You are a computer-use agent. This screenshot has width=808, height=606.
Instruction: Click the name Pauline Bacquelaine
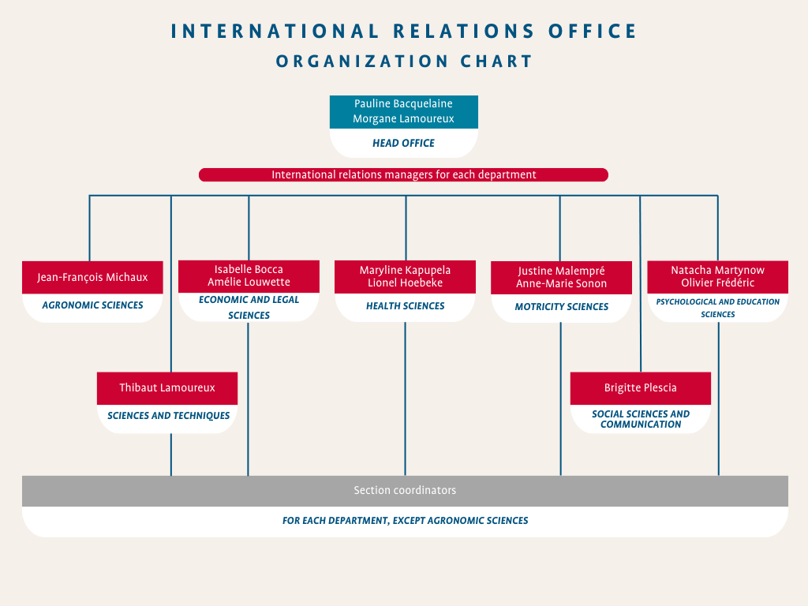(x=403, y=103)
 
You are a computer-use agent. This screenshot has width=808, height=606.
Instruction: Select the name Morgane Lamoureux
(x=403, y=118)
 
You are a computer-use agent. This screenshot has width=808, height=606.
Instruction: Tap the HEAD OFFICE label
(x=403, y=144)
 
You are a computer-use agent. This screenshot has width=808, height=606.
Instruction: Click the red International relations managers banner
(x=403, y=174)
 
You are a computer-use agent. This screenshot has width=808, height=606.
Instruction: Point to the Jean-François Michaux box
(x=93, y=277)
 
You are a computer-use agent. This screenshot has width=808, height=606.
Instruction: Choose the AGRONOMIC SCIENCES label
(x=93, y=305)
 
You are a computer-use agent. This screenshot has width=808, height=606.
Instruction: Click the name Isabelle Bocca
(x=249, y=269)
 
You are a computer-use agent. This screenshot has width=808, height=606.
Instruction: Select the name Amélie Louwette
(x=249, y=282)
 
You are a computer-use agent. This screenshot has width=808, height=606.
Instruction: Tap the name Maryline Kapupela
(x=405, y=270)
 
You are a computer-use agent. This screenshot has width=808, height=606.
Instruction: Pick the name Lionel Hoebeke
(x=405, y=282)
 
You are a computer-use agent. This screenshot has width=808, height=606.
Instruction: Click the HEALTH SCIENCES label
(x=405, y=306)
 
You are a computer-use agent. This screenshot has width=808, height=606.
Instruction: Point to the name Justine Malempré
(x=561, y=271)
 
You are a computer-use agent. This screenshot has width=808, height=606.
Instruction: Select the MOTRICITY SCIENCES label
(x=562, y=307)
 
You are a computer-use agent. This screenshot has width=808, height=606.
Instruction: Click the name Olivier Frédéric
(x=718, y=282)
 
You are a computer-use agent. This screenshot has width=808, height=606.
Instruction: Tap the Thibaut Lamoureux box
(x=167, y=388)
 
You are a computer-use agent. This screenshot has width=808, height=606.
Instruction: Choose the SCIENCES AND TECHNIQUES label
(x=169, y=415)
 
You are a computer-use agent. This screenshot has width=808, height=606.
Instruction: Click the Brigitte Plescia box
(x=641, y=388)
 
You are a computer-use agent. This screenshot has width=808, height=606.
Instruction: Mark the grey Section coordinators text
(x=405, y=490)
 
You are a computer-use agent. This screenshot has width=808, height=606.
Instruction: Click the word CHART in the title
(x=496, y=62)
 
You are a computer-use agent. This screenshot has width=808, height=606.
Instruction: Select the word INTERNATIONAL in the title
(x=275, y=32)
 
